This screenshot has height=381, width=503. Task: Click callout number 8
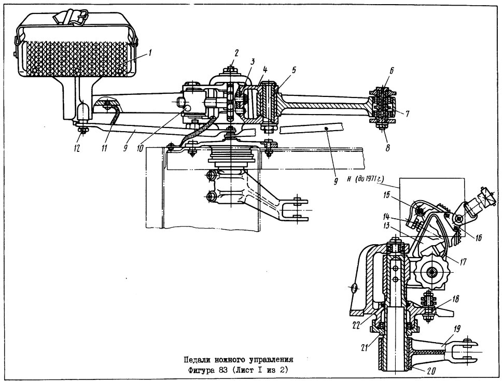[388, 148]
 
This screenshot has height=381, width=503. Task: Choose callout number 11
[105, 148]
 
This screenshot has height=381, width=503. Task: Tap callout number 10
[140, 148]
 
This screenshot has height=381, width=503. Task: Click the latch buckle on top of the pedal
[73, 17]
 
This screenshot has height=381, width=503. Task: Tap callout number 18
[455, 299]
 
